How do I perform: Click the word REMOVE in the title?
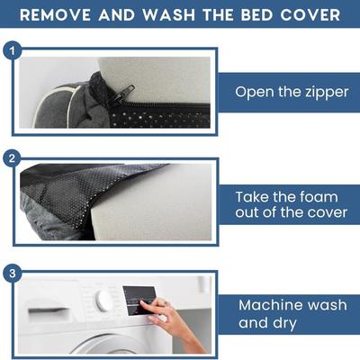[x=55, y=14]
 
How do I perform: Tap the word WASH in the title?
[x=169, y=14]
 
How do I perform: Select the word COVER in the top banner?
[x=310, y=14]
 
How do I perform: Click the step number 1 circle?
[x=13, y=50]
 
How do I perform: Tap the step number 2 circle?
[x=12, y=158]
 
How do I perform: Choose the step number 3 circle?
[x=13, y=274]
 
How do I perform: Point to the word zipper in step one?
[x=327, y=93]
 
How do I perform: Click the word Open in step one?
[x=255, y=93]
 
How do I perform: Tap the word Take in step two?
[x=252, y=197]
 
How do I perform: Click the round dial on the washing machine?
[x=103, y=299]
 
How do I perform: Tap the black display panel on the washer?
[x=140, y=301]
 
